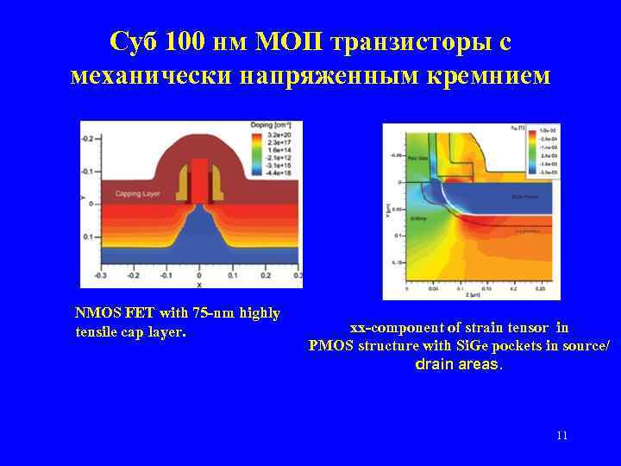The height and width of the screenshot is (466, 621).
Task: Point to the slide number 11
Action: tap(561, 435)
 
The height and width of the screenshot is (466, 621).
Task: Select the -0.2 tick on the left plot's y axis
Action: tap(88, 138)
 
